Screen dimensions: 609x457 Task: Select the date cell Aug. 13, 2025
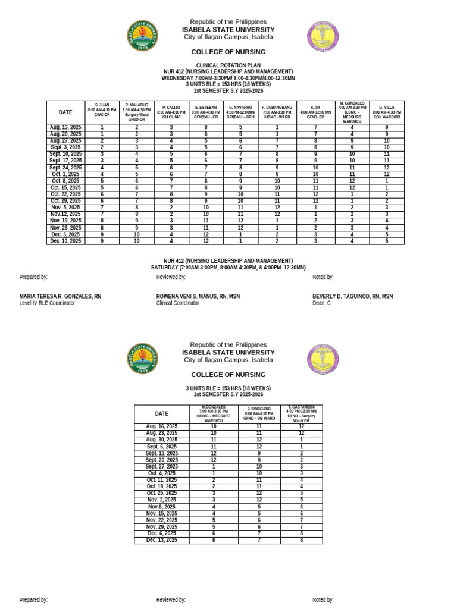[65, 127]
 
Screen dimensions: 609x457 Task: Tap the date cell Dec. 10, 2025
[65, 241]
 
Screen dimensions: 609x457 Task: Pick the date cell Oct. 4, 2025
[162, 473]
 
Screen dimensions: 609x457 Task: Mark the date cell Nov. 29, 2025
[162, 526]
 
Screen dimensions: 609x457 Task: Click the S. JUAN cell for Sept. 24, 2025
[102, 168]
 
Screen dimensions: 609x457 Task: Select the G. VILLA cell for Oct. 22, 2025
[387, 194]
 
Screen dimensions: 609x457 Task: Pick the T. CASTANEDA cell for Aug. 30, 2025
[301, 440]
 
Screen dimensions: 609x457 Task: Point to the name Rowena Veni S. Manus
[198, 296]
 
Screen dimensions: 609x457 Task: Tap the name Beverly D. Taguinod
[352, 296]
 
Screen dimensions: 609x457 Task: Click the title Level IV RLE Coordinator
[47, 303]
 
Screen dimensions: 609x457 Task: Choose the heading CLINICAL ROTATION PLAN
[228, 65]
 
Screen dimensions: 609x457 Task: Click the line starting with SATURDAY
[228, 268]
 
